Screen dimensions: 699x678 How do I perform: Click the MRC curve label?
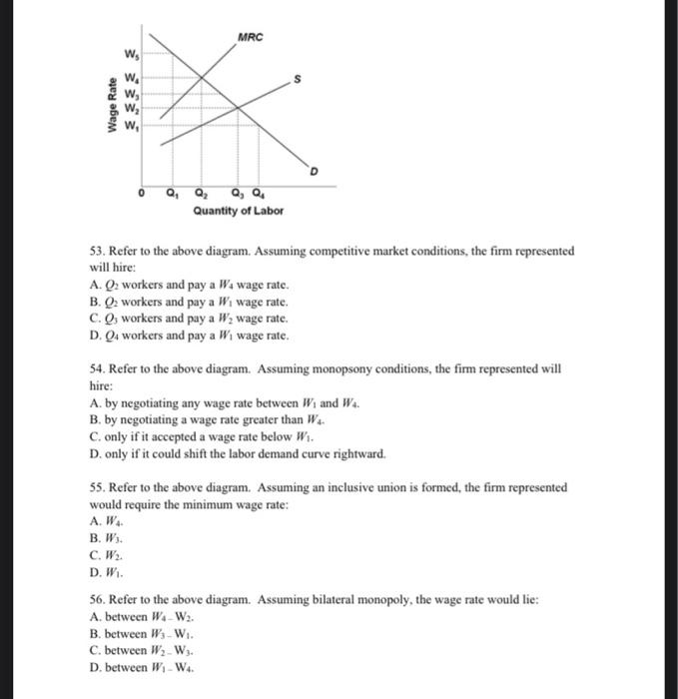click(x=251, y=38)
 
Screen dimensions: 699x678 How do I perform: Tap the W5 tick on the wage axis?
click(x=132, y=53)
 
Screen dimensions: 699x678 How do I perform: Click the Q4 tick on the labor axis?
click(x=259, y=194)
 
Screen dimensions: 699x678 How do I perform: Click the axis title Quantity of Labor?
click(x=239, y=211)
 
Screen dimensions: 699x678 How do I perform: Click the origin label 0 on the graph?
click(x=143, y=194)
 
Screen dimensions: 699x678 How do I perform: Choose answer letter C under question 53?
click(x=93, y=319)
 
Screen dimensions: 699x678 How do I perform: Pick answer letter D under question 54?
click(x=93, y=453)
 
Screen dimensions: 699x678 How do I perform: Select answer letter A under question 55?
click(x=93, y=521)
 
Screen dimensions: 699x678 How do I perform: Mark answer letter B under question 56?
click(x=93, y=633)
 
